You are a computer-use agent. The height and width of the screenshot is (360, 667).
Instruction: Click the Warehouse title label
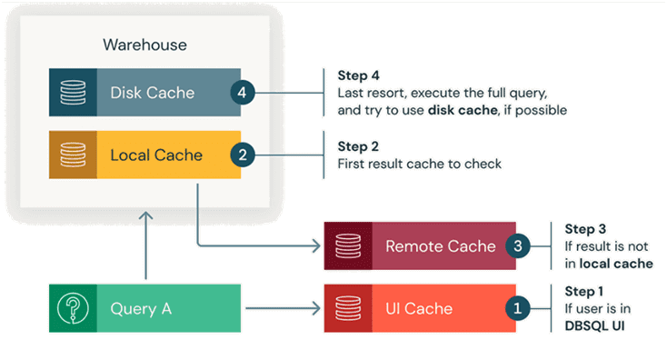click(x=144, y=45)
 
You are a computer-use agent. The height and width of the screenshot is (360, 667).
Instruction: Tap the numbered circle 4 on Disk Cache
click(x=243, y=93)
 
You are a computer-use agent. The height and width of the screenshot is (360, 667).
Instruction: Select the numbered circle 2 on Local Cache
click(x=243, y=155)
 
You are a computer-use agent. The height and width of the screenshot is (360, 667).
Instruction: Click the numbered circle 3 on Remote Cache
click(x=518, y=245)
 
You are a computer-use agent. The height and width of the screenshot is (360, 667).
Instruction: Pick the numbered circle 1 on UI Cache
click(x=518, y=308)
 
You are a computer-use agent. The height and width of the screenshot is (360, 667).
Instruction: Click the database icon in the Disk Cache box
click(x=73, y=93)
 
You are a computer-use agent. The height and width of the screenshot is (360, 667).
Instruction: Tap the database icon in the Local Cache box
click(x=73, y=155)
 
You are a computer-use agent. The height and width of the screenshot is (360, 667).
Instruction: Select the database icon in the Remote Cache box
click(x=348, y=245)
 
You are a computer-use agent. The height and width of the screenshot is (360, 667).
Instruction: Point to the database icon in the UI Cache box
click(x=348, y=308)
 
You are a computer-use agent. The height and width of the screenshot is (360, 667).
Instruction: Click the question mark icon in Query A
click(x=73, y=308)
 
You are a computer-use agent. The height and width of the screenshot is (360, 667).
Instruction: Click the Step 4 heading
click(x=358, y=75)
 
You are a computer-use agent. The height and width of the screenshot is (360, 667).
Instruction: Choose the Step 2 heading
click(x=358, y=146)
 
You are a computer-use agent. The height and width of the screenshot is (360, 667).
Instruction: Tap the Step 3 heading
click(x=585, y=229)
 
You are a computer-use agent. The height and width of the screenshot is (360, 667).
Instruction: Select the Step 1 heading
click(x=583, y=292)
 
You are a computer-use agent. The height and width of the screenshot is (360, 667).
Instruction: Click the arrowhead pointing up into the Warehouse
click(x=146, y=216)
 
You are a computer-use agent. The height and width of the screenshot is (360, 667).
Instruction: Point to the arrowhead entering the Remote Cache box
click(x=316, y=245)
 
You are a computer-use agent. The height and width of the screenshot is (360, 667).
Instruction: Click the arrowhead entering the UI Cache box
click(x=316, y=308)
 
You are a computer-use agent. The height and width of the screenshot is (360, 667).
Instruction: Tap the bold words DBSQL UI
click(x=594, y=326)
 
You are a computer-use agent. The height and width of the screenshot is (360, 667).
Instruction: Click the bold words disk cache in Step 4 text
click(x=463, y=110)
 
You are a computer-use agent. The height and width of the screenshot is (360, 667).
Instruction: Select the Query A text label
click(x=141, y=308)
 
